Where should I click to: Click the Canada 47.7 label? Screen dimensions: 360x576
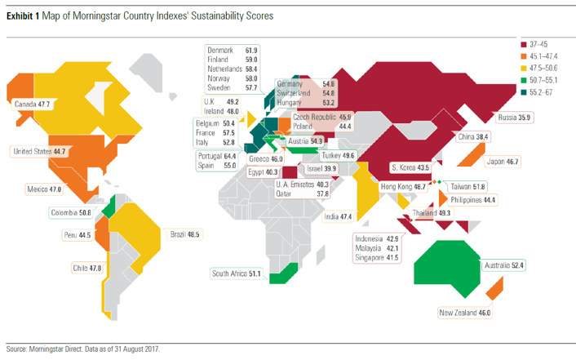[33, 105]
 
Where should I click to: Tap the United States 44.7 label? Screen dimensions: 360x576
[38, 151]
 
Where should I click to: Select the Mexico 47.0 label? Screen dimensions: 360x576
[44, 189]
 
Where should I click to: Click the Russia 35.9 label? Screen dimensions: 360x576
[513, 118]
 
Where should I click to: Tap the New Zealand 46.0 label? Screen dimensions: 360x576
[465, 313]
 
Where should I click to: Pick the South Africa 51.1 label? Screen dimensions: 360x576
[235, 273]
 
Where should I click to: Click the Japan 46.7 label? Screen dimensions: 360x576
[501, 162]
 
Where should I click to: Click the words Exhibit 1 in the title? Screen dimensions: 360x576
[24, 16]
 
